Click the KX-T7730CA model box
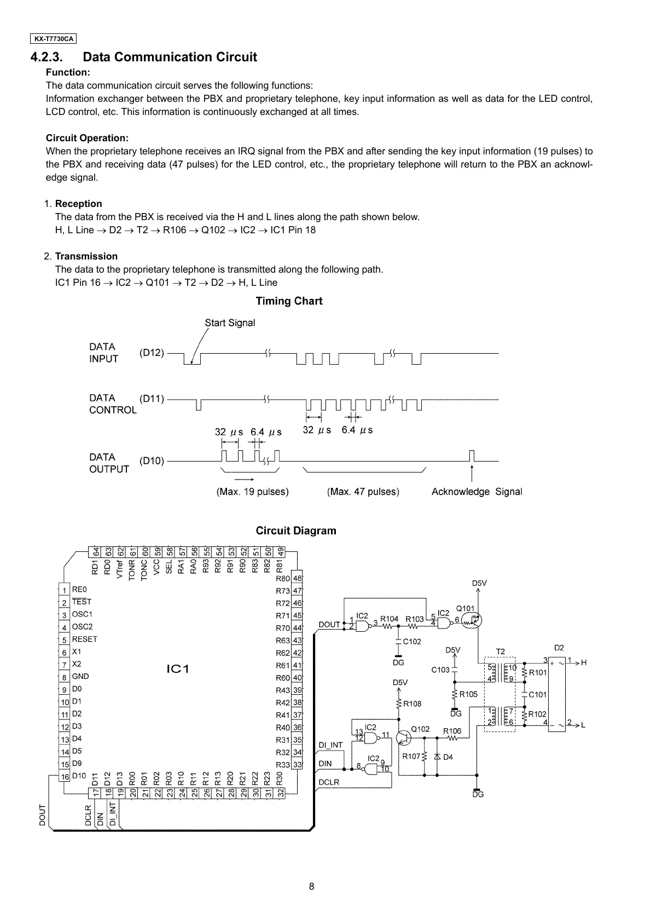(53, 39)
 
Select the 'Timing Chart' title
(289, 301)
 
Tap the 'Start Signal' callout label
(230, 323)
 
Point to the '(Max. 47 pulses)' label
(363, 492)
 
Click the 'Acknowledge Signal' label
(477, 492)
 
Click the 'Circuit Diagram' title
(296, 531)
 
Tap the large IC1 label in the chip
(177, 669)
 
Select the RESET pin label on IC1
(84, 639)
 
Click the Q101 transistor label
(465, 608)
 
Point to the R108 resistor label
(412, 704)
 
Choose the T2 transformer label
(500, 652)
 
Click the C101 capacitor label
(537, 694)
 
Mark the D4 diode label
(448, 757)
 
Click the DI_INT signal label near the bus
(330, 745)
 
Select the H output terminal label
(584, 662)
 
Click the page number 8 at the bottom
(311, 887)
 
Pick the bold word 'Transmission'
(86, 256)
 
